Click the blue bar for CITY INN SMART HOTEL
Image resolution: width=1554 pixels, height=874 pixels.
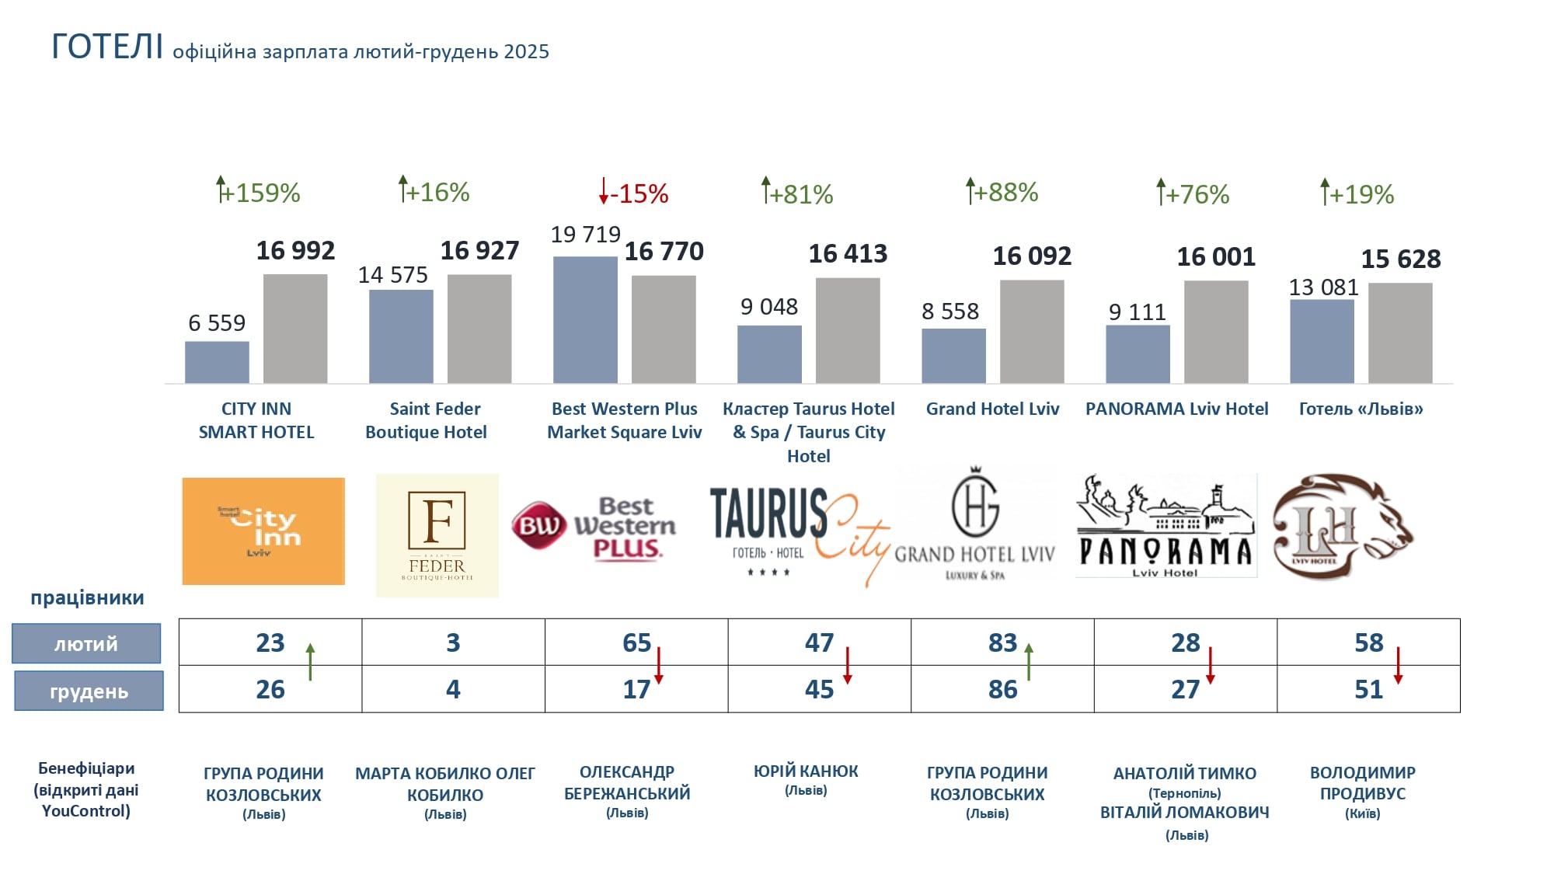point(217,362)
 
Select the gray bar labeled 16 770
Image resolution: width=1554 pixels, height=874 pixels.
point(664,329)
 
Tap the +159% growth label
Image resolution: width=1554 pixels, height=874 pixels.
point(260,193)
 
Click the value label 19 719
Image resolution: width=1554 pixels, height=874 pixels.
point(585,235)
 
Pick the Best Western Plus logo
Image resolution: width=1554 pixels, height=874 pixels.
point(594,528)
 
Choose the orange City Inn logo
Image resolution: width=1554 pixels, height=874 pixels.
point(263,531)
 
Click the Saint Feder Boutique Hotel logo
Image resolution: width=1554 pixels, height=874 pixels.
point(437,535)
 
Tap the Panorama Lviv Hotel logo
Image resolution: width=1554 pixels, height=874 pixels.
point(1165,526)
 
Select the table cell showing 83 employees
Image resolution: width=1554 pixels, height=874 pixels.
point(1002,642)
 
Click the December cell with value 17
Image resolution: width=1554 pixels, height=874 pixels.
point(636,689)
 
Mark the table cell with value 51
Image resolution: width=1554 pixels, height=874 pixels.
point(1368,689)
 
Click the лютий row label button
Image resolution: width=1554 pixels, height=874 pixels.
point(86,643)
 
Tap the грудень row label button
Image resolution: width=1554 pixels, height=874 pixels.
point(89,691)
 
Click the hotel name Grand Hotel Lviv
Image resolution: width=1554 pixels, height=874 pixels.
point(992,409)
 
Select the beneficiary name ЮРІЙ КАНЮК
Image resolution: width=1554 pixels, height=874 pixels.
point(806,771)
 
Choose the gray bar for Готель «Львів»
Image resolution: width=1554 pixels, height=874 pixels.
point(1400,333)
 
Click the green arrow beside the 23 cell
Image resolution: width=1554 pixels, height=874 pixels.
point(310,662)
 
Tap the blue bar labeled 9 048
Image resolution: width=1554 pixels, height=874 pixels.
point(769,354)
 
